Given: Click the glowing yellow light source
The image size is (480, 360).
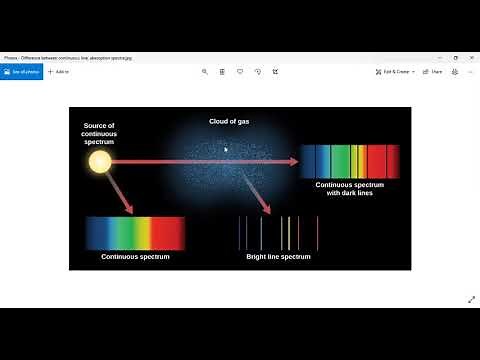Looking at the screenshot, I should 100,161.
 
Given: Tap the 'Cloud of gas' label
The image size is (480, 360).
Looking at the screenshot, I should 228,121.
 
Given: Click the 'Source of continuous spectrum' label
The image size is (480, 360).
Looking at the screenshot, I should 100,134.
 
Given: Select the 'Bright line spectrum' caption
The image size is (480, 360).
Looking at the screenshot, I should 279,257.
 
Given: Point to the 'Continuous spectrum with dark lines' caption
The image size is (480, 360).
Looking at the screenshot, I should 349,189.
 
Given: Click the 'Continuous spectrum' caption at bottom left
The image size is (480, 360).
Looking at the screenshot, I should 135,257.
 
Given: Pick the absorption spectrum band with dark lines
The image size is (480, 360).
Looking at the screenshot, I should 349,160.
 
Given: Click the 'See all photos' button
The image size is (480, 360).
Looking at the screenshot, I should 21,72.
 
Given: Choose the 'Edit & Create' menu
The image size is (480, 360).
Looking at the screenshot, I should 395,72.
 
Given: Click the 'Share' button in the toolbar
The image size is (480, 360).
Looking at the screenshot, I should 432,72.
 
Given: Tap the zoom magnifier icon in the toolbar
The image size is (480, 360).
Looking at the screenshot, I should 205,72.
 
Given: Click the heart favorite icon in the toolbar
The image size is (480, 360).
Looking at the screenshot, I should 240,72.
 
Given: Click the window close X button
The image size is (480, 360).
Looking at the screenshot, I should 471,58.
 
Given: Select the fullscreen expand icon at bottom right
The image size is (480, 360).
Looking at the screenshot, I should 471,299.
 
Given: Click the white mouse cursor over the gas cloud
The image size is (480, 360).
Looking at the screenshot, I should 225,149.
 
